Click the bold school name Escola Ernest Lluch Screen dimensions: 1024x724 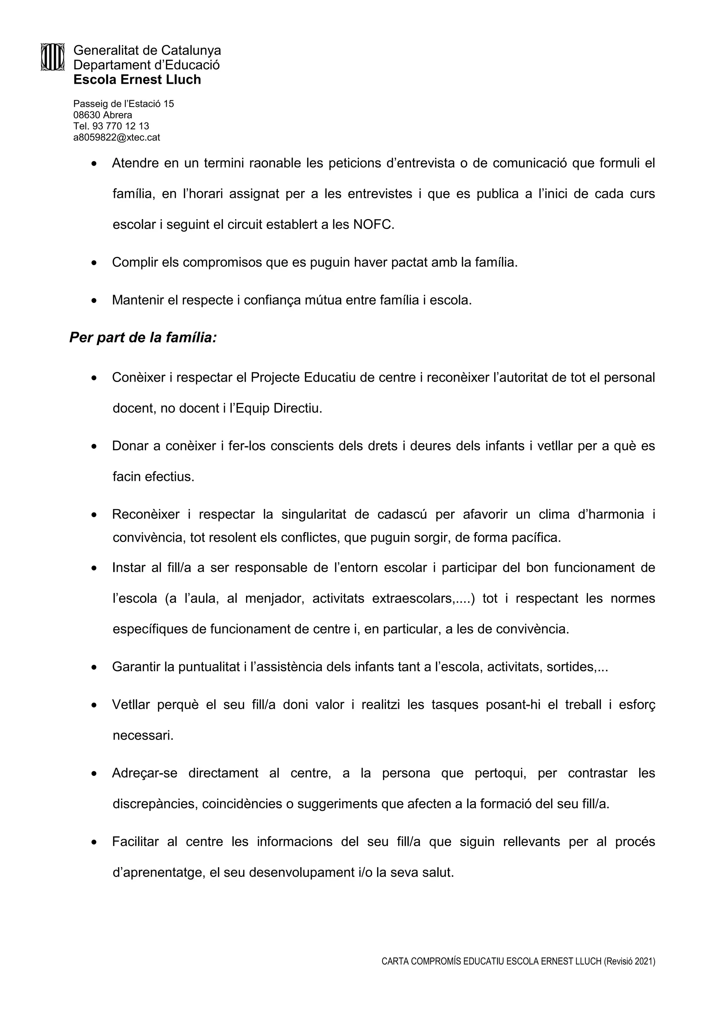pos(137,80)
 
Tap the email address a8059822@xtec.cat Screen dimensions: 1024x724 pos(116,137)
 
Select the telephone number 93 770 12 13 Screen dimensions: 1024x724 pos(121,126)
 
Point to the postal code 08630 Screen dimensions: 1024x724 pos(87,115)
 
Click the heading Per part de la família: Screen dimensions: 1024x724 pos(143,337)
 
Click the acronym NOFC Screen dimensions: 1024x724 pos(373,224)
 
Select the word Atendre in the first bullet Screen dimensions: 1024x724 pos(135,163)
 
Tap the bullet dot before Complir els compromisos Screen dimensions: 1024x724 pos(94,263)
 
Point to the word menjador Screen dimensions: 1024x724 pos(274,598)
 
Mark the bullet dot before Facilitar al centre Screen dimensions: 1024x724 pos(94,842)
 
